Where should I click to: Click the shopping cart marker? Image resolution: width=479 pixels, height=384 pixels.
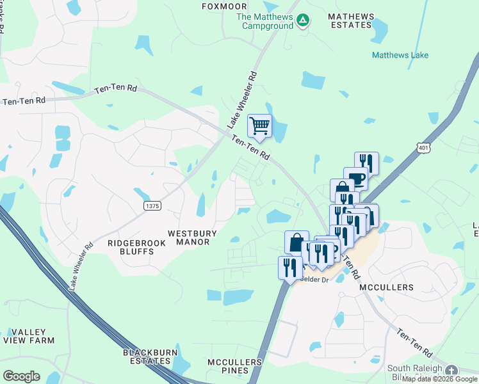259,125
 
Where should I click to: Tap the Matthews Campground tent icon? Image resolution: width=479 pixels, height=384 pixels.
303,21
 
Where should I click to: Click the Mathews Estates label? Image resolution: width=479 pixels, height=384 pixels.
350,20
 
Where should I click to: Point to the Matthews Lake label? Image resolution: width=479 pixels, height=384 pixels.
400,56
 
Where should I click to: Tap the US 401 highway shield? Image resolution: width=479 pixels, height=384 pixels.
423,148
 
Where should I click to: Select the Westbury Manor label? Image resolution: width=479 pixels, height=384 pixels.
192,237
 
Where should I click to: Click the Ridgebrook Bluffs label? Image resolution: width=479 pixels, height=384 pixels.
131,247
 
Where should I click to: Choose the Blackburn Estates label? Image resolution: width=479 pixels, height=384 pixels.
147,357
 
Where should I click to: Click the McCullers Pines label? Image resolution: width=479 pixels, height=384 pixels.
235,367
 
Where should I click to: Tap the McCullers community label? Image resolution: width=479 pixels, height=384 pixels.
386,287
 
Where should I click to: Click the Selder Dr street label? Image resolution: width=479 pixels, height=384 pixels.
314,280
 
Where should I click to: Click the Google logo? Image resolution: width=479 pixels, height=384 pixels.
21,376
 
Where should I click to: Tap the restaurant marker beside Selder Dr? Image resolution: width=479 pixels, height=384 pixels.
289,266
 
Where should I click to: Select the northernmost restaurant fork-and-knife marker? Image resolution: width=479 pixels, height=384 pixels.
366,163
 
